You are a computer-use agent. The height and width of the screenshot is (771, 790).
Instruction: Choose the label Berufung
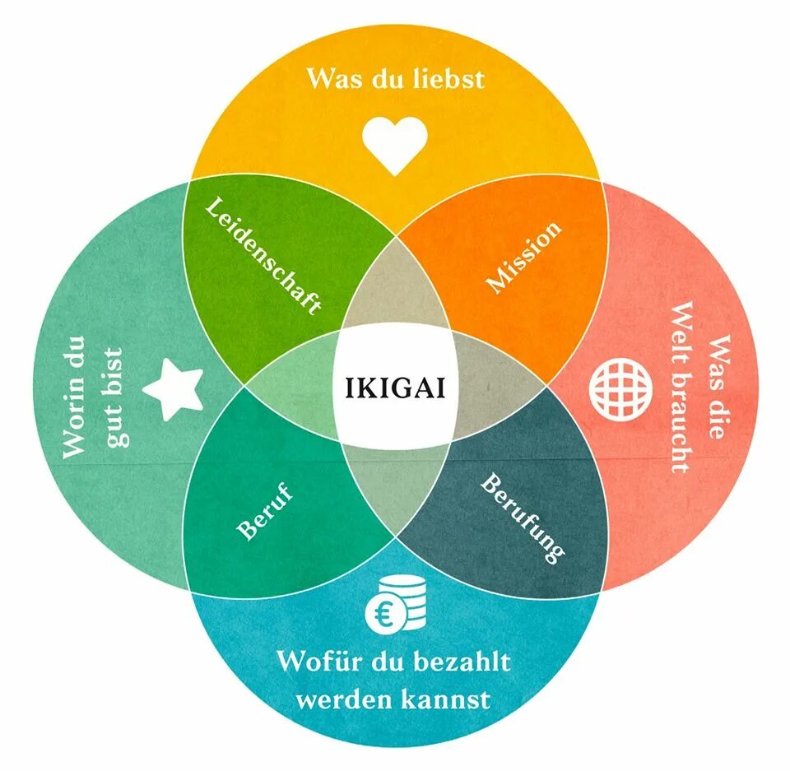[x=523, y=517]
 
